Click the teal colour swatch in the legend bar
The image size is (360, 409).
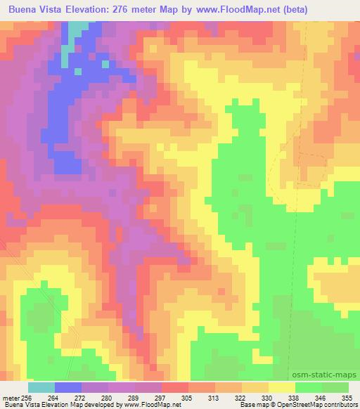click(x=41, y=387)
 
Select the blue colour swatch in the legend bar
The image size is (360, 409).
click(x=68, y=387)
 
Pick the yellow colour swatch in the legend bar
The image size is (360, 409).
click(x=281, y=387)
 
